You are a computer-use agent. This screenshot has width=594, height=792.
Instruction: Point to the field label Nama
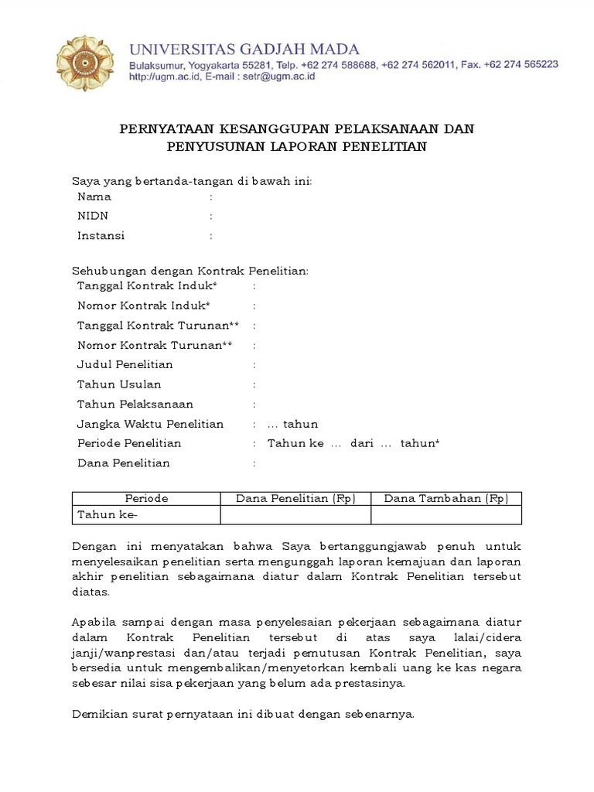94,196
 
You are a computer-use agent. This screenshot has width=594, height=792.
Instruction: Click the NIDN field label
93,217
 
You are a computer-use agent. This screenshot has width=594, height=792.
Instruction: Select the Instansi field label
101,236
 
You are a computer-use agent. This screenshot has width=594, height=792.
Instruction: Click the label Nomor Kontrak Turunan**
155,345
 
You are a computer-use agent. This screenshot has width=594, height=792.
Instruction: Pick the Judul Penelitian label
125,364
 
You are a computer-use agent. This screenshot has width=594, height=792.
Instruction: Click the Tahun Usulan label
119,384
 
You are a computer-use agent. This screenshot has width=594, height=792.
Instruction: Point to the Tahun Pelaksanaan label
135,404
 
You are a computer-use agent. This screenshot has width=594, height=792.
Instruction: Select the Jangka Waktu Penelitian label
150,424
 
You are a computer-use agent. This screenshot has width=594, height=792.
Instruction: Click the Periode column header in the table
146,499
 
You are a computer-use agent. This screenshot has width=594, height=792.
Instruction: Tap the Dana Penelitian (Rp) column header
295,499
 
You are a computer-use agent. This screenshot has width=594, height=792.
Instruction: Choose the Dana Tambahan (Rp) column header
445,499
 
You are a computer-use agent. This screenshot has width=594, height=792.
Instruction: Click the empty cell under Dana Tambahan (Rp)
445,515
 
